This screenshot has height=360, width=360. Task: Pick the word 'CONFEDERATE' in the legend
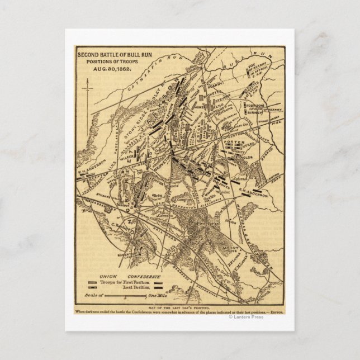pos(144,277)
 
